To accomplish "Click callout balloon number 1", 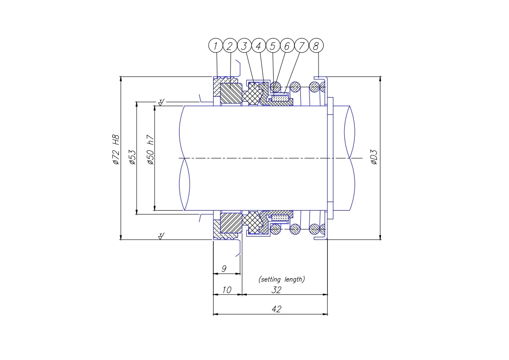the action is point(215,46).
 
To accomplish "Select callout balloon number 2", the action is point(230,46).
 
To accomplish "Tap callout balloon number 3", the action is point(244,46).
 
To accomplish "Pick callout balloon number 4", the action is point(259,46).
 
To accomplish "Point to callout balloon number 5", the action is point(273,46).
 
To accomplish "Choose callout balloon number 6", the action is point(287,46).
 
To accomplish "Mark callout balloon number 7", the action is point(301,46).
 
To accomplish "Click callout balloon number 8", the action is point(316,46).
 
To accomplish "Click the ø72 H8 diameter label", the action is point(116,149).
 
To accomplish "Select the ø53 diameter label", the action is point(132,157).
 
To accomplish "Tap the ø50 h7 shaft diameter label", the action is point(150,149).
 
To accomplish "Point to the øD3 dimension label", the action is point(374,157).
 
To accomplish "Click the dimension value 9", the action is point(224,269).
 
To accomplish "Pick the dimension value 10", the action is point(226,290).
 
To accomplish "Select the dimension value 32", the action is point(276,290).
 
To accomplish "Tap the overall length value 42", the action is point(276,309).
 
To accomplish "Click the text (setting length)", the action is point(281,279).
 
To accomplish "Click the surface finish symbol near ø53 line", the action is point(161,102).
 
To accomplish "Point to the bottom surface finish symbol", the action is point(161,236).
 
